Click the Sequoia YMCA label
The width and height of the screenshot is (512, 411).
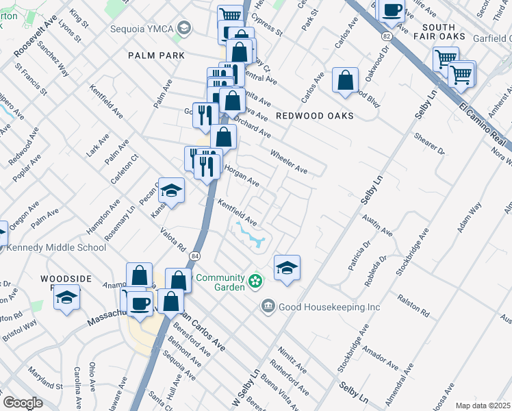coord(142,29)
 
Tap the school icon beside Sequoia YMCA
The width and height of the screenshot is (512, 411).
coord(184,28)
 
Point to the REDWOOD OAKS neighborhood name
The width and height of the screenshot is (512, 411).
coord(315,116)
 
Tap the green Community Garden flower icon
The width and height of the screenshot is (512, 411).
coord(255,281)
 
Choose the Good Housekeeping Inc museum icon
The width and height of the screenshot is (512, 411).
coord(268,307)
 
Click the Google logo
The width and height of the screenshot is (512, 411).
coord(23,403)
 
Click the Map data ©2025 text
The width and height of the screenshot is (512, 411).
coord(483,406)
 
